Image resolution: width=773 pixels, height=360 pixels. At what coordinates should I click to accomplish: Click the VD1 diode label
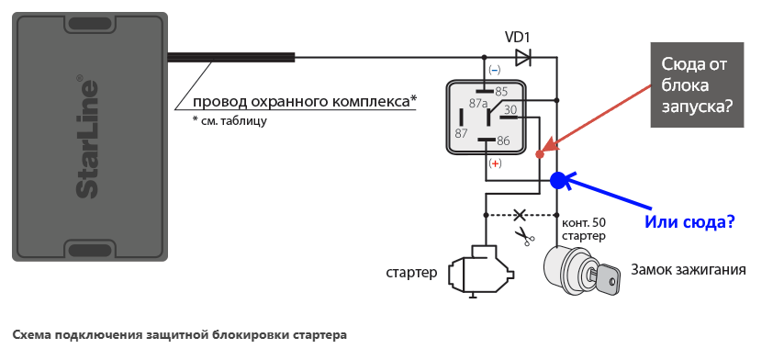click(x=518, y=37)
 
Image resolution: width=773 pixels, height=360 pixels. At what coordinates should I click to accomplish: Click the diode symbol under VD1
click(x=523, y=58)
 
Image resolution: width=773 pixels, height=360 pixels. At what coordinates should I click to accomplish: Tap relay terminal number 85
click(x=501, y=91)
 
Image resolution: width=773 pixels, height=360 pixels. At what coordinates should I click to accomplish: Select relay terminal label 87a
click(x=478, y=104)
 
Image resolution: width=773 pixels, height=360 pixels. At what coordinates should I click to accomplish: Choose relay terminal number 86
click(x=502, y=141)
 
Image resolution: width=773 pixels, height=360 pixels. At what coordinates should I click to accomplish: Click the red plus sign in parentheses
click(x=495, y=163)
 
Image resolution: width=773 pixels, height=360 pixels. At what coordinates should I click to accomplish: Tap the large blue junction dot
click(x=558, y=180)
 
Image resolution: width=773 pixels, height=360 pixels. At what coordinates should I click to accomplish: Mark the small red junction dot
click(x=539, y=154)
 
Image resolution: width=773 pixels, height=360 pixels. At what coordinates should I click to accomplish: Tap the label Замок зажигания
click(x=688, y=270)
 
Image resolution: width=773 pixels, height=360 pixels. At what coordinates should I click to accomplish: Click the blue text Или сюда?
click(x=691, y=222)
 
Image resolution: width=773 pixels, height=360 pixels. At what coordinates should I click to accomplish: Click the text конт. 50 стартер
click(x=583, y=229)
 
